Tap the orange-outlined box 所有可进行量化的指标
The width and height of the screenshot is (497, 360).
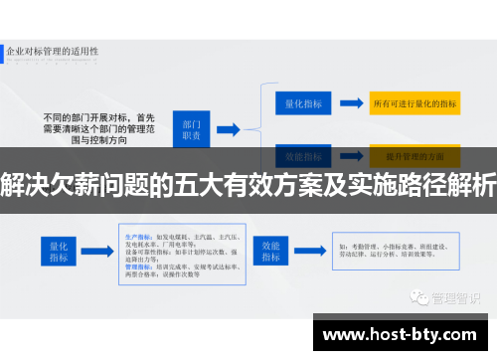(414, 102)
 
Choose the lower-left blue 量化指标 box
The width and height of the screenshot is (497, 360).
(59, 251)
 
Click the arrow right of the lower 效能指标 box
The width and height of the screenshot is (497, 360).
(311, 251)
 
